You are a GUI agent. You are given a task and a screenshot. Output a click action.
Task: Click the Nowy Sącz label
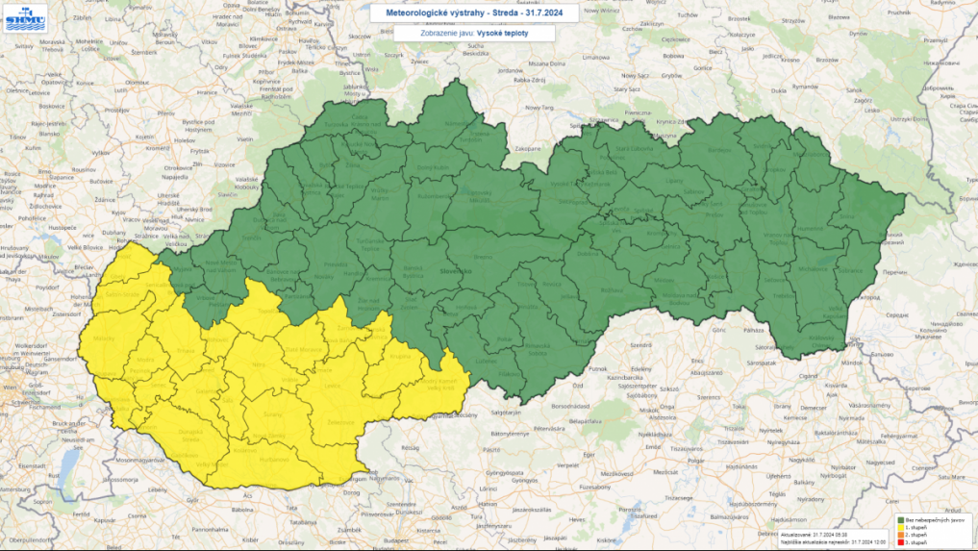click(x=635, y=74)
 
